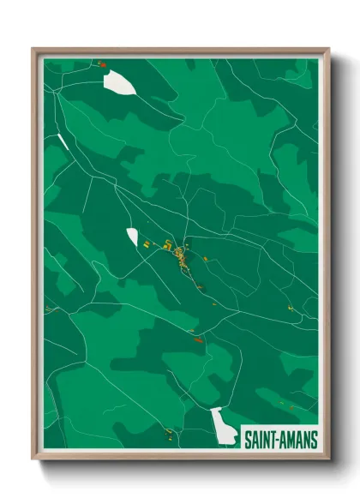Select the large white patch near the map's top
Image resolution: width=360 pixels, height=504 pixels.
pyautogui.click(x=118, y=82)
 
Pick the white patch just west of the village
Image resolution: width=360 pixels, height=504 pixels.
pyautogui.click(x=132, y=236)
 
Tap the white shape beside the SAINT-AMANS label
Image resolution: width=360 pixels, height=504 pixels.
pyautogui.click(x=225, y=426)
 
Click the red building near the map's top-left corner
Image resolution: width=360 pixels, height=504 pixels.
pyautogui.click(x=101, y=63)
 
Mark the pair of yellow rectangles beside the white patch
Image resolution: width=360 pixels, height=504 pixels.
pyautogui.click(x=147, y=245)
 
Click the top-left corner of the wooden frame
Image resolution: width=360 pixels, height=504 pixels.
pyautogui.click(x=33, y=49)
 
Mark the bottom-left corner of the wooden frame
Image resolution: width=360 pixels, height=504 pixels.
pyautogui.click(x=33, y=459)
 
